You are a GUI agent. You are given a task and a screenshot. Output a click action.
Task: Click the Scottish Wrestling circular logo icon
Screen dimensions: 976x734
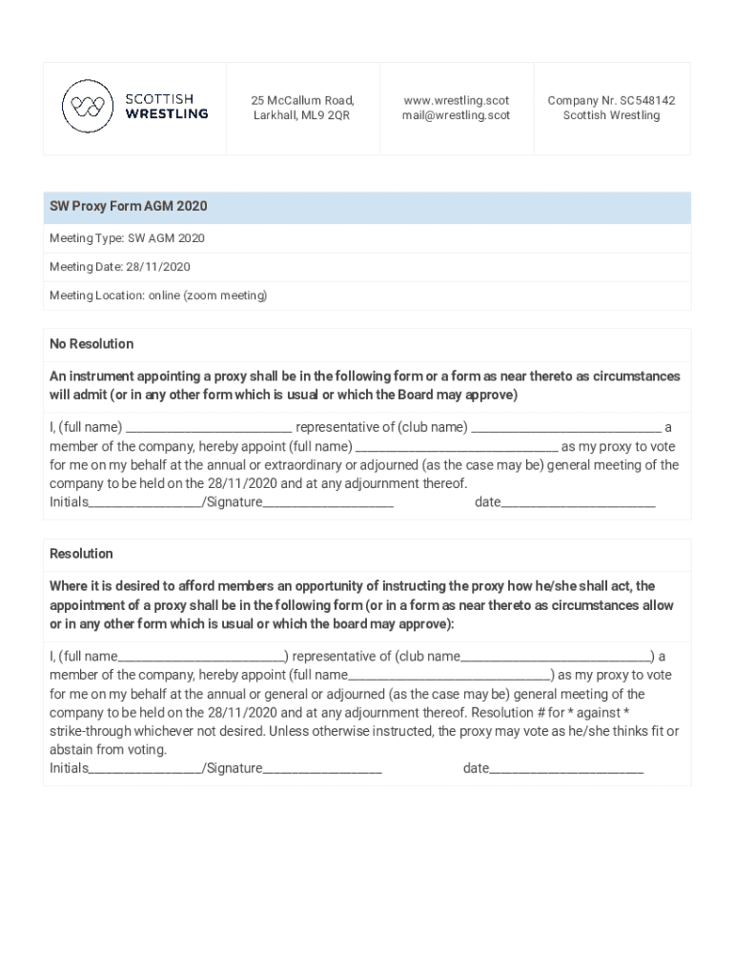click(x=88, y=106)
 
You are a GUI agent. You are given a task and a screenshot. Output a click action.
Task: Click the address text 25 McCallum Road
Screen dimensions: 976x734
click(x=302, y=100)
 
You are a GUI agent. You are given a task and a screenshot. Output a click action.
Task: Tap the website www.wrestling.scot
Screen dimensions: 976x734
click(x=456, y=100)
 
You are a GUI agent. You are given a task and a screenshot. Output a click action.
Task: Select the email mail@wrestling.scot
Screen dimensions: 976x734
click(x=456, y=115)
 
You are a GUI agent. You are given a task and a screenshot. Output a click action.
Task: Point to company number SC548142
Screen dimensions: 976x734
click(x=611, y=100)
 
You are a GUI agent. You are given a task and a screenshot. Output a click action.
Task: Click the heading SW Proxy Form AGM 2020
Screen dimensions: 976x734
click(x=129, y=207)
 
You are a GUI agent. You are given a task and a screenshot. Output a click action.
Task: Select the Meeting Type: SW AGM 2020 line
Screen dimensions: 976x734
click(x=127, y=238)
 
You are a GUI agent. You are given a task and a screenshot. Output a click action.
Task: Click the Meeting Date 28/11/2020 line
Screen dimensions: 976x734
click(x=120, y=267)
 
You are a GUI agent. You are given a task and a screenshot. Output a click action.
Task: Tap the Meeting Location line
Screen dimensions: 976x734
click(x=158, y=295)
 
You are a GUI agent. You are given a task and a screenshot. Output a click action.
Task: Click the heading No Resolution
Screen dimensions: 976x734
click(x=92, y=344)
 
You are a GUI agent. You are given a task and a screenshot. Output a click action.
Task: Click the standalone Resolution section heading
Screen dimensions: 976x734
click(x=81, y=554)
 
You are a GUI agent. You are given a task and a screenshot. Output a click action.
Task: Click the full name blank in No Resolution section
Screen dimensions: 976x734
click(x=209, y=429)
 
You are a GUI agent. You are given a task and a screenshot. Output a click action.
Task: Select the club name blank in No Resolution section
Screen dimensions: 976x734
click(x=566, y=429)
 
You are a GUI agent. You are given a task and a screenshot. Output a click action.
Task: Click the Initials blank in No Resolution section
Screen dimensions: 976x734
click(x=145, y=503)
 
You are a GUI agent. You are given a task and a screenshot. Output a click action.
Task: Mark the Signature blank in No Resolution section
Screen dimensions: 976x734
click(x=328, y=503)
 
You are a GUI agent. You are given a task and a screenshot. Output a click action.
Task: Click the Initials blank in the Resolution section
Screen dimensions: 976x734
click(x=145, y=769)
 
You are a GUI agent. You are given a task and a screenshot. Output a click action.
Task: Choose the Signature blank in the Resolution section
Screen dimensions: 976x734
click(x=322, y=769)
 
